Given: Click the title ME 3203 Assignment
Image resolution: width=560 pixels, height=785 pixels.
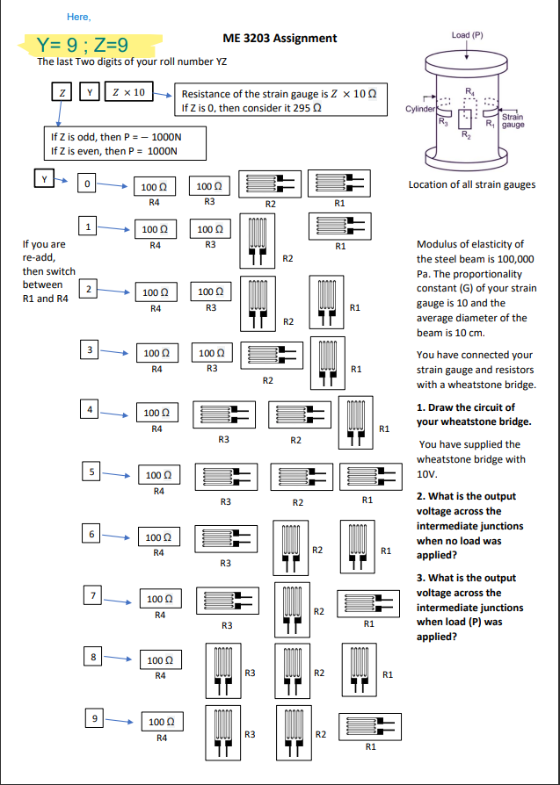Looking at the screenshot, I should coord(280,38).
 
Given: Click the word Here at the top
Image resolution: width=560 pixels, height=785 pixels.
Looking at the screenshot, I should coord(78,17).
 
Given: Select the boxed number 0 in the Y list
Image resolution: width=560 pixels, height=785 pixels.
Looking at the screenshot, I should coord(86,184).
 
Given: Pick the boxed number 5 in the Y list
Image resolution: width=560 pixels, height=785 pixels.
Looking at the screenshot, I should coord(88,470).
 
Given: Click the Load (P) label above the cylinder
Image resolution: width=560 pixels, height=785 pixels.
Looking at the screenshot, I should coord(467,34).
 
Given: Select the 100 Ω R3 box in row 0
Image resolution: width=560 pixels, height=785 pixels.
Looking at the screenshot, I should coord(209,187).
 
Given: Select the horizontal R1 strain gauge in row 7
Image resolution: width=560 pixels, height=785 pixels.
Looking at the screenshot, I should coord(369,603).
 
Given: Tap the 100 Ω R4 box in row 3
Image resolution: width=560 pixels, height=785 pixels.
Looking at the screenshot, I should coord(156,353).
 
